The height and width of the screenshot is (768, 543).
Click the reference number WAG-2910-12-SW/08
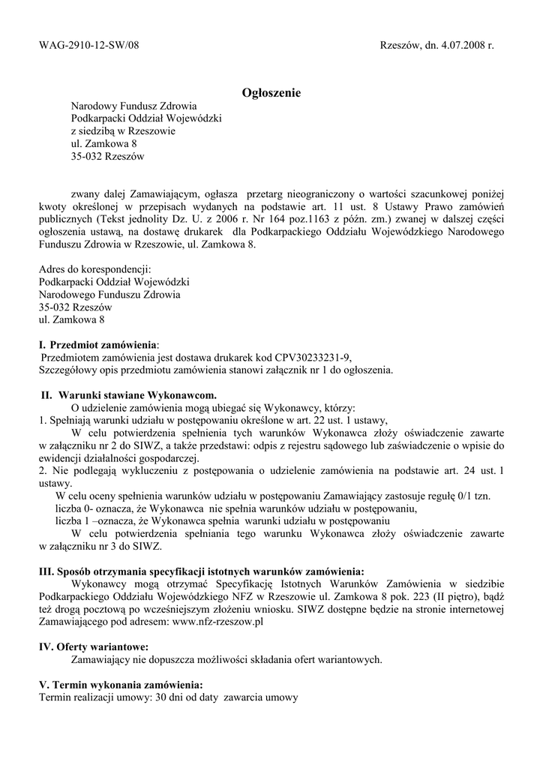click(x=88, y=45)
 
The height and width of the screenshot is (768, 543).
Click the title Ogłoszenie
click(x=271, y=93)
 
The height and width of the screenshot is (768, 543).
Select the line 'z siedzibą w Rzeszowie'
click(x=123, y=131)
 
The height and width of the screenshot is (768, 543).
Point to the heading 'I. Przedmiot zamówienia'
click(x=98, y=344)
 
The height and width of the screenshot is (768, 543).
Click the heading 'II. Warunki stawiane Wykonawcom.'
click(x=129, y=394)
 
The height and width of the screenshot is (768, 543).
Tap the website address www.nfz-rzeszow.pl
click(x=217, y=622)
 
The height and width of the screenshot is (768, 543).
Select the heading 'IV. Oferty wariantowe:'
click(x=93, y=646)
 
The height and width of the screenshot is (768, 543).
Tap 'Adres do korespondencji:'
click(x=94, y=268)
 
